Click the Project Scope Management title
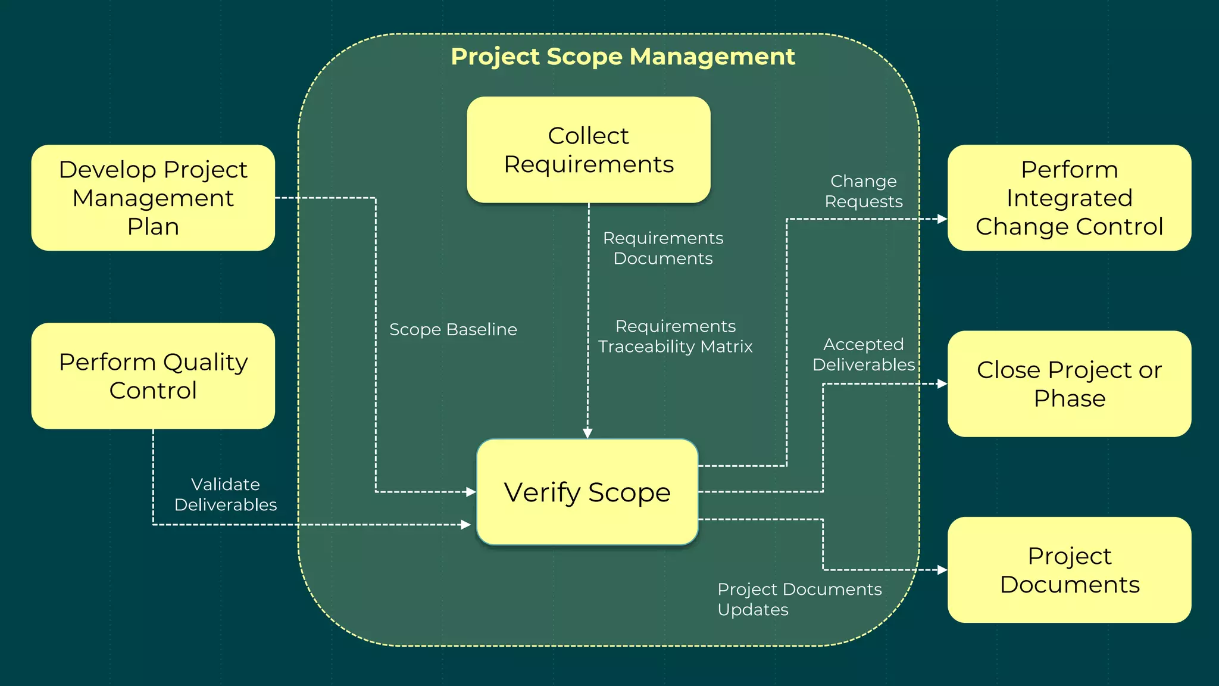tap(623, 57)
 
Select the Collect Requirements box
tap(588, 150)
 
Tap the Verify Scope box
tap(587, 492)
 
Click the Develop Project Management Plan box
tap(153, 198)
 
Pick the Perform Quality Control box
tap(153, 376)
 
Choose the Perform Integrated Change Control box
tap(1069, 198)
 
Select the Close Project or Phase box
tap(1069, 383)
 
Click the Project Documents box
tap(1069, 570)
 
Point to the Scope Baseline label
tap(453, 329)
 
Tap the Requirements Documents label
tap(663, 248)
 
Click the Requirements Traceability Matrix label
tap(675, 336)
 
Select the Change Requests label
tap(863, 191)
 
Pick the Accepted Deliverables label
tap(863, 354)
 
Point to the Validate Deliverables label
tap(226, 494)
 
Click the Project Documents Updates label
tap(799, 599)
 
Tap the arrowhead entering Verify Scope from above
tap(587, 433)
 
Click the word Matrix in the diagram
tap(727, 347)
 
